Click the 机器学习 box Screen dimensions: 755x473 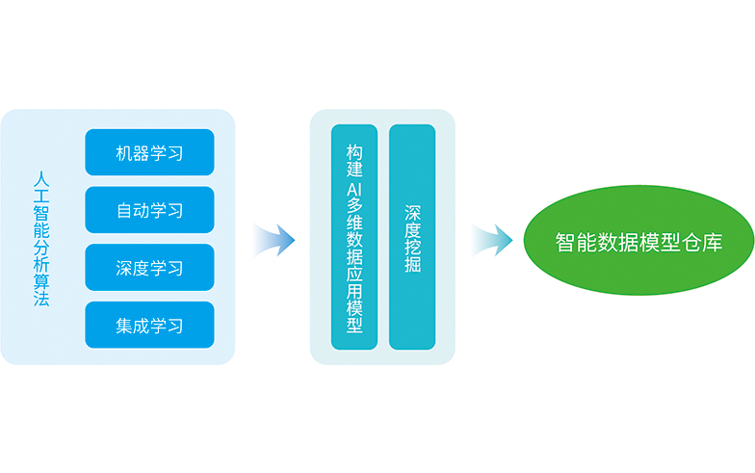pos(149,152)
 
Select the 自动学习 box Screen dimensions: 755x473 pos(149,210)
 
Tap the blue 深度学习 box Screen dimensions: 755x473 pos(149,268)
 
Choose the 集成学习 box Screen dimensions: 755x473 pos(149,325)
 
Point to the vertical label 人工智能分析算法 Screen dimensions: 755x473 pos(41,239)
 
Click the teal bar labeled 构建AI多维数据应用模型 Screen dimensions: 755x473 pos(354,237)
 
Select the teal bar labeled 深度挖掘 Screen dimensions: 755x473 pos(412,237)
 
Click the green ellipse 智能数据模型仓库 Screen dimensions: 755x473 pos(638,241)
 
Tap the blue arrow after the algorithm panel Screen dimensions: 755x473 pos(274,240)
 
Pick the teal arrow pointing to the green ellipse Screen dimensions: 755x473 pos(491,240)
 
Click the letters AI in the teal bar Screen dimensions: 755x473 pos(354,191)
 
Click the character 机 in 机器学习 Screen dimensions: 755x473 pos(124,153)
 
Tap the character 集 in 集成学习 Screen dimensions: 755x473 pos(124,326)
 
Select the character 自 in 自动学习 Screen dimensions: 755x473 pos(124,210)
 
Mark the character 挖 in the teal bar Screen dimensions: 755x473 pos(412,247)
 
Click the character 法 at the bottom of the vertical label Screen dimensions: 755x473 pos(41,299)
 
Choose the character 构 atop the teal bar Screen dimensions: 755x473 pos(354,152)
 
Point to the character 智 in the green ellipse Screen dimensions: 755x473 pos(564,243)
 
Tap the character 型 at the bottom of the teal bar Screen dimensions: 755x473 pos(354,326)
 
